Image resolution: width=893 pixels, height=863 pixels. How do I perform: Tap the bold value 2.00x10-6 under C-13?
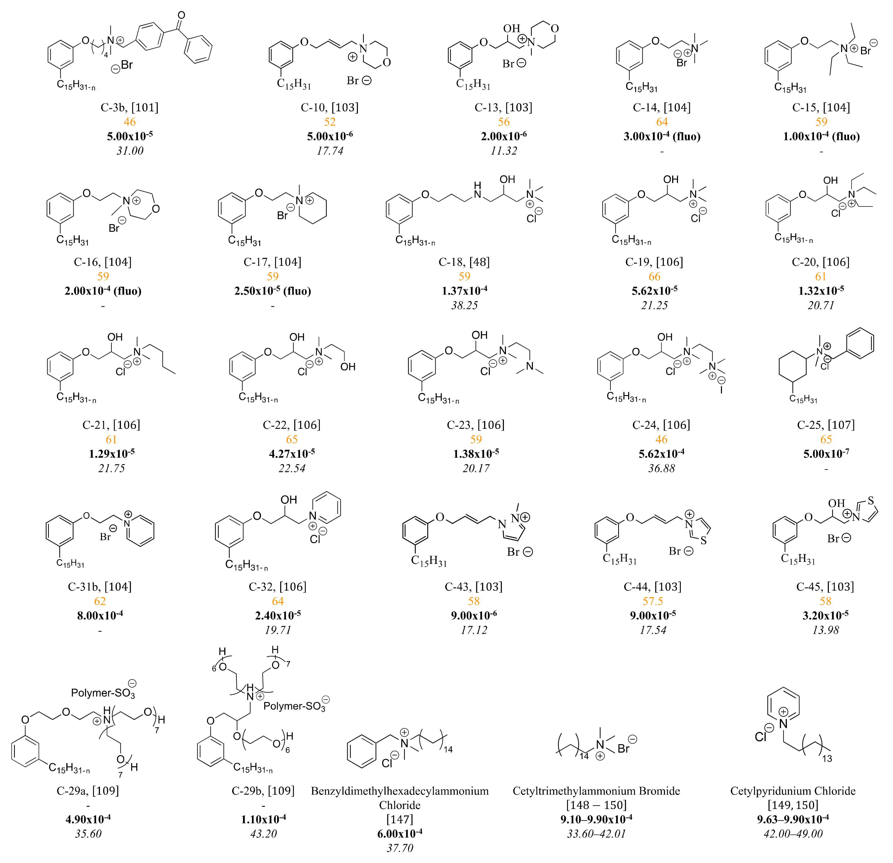pyautogui.click(x=503, y=136)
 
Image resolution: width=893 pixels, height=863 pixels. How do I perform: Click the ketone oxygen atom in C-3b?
pyautogui.click(x=181, y=16)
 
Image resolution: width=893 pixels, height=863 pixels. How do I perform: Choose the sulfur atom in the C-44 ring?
pyautogui.click(x=704, y=540)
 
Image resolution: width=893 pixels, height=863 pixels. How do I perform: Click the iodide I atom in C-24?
pyautogui.click(x=721, y=390)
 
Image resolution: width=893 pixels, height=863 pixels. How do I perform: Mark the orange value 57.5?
pyautogui.click(x=652, y=601)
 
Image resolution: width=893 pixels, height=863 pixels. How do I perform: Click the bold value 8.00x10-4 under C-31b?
pyautogui.click(x=100, y=616)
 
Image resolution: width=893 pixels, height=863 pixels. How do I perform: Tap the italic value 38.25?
pyautogui.click(x=464, y=305)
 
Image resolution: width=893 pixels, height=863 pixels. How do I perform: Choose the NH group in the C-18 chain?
pyautogui.click(x=477, y=190)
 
